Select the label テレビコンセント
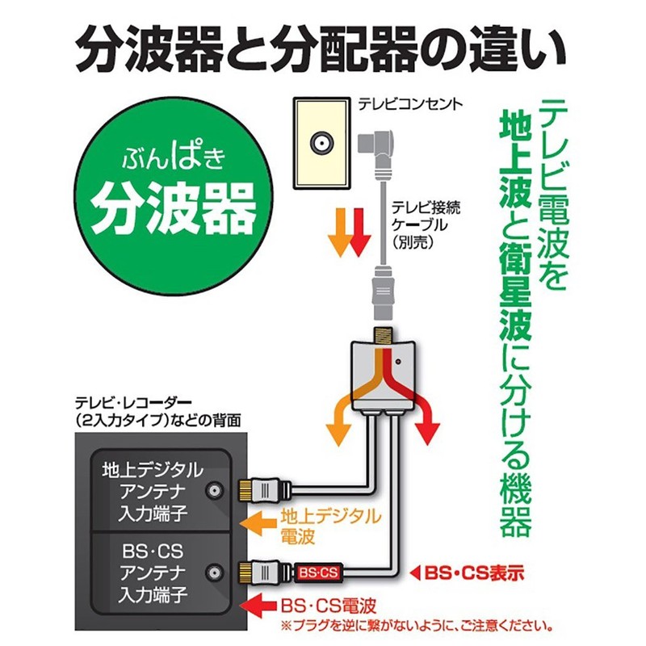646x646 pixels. (x=409, y=104)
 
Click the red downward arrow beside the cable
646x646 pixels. (x=360, y=231)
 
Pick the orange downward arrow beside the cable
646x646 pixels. (x=338, y=231)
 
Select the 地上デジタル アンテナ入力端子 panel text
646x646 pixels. (x=152, y=492)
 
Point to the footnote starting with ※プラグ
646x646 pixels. (x=416, y=625)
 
